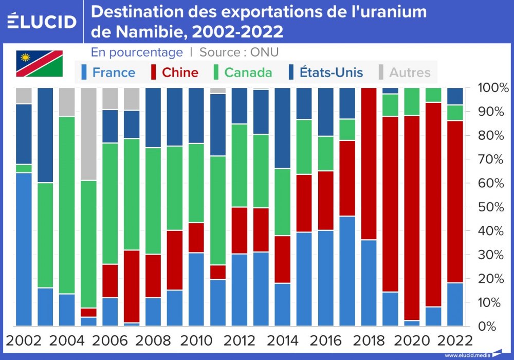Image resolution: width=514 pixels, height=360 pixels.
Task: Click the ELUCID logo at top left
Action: coord(42,21)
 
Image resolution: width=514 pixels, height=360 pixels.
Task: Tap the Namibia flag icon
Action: coord(40,63)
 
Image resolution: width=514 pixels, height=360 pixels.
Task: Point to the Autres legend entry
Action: coord(410,73)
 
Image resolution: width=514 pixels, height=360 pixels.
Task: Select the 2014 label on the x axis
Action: coord(283,340)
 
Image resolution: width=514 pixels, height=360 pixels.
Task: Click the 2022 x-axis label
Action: coord(455,340)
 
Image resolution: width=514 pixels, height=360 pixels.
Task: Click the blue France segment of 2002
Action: coord(24,249)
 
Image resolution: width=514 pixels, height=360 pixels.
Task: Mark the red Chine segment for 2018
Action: coord(369,164)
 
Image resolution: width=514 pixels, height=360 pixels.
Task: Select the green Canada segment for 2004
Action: coord(67,205)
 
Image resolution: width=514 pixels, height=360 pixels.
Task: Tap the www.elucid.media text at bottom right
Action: coord(467,355)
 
